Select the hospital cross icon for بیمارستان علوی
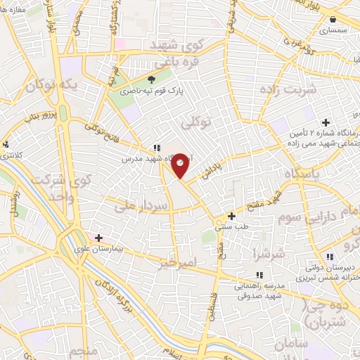coord(99,238)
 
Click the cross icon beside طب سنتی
coord(232,216)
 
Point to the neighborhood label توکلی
coord(196,124)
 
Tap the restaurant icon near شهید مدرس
coord(156,148)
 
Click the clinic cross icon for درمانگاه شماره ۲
coord(326,123)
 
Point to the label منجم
coord(88,349)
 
